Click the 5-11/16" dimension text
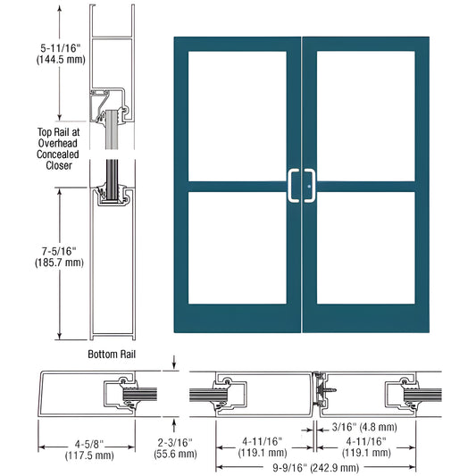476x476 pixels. pyautogui.click(x=61, y=48)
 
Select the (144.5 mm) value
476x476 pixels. pyautogui.click(x=61, y=59)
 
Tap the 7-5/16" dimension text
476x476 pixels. pyautogui.click(x=59, y=251)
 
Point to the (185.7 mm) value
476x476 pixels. pyautogui.click(x=59, y=263)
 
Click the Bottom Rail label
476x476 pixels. pyautogui.click(x=112, y=354)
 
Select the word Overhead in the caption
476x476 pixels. pyautogui.click(x=58, y=143)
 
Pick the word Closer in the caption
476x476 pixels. pyautogui.click(x=59, y=165)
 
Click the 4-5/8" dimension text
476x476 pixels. pyautogui.click(x=89, y=444)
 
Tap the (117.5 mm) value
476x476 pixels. pyautogui.click(x=89, y=455)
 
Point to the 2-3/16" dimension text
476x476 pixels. pyautogui.click(x=175, y=442)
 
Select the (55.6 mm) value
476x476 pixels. pyautogui.click(x=175, y=454)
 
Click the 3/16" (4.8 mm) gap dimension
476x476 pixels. pyautogui.click(x=364, y=427)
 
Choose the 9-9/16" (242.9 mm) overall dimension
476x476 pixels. pyautogui.click(x=316, y=467)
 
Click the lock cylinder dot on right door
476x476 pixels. pyautogui.click(x=309, y=187)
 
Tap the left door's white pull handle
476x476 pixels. pyautogui.click(x=293, y=186)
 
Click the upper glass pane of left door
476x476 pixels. pyautogui.click(x=237, y=116)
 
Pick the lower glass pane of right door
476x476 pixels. pyautogui.click(x=366, y=247)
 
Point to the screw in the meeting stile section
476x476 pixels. pyautogui.click(x=329, y=389)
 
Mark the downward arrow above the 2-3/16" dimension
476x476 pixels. pyautogui.click(x=174, y=363)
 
